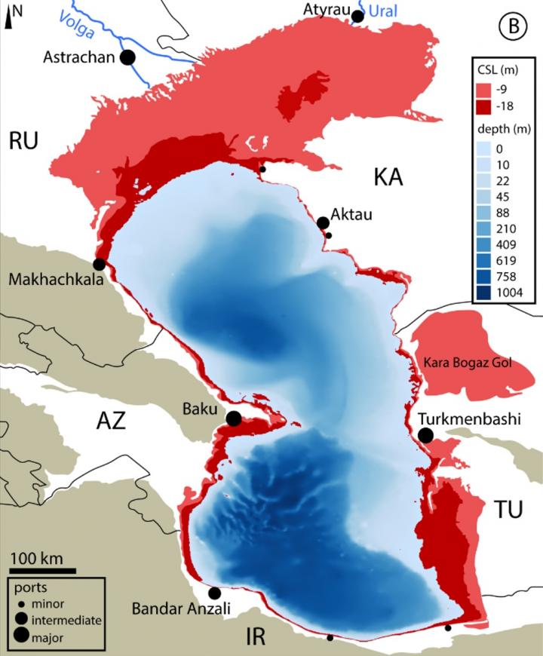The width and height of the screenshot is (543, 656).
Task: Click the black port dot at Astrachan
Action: pyautogui.click(x=128, y=57)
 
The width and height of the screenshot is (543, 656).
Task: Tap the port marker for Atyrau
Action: pyautogui.click(x=357, y=16)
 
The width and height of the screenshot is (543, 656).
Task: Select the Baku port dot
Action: pyautogui.click(x=234, y=418)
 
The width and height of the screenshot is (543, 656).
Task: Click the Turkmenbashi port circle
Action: pyautogui.click(x=425, y=435)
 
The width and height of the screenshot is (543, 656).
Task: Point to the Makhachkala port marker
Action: pyautogui.click(x=99, y=264)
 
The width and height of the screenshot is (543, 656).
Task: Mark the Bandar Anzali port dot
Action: pyautogui.click(x=215, y=593)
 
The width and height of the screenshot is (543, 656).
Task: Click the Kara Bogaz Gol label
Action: pyautogui.click(x=467, y=363)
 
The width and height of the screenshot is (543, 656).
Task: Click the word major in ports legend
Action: pyautogui.click(x=48, y=638)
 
